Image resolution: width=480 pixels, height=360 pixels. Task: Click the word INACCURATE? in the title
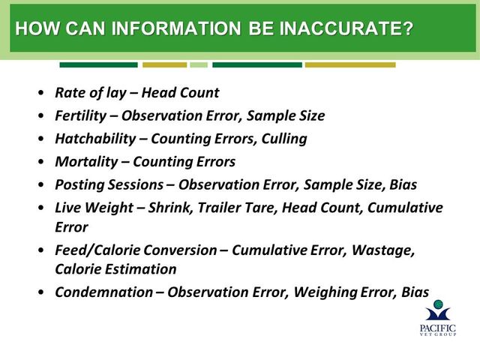point(346,28)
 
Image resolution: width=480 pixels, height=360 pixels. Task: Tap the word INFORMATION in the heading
point(176,28)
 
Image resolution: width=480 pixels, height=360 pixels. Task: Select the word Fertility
point(81,116)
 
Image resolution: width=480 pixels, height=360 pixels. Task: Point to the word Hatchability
point(95,139)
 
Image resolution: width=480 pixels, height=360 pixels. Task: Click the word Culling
point(284,139)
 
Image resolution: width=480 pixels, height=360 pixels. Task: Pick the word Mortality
point(86,162)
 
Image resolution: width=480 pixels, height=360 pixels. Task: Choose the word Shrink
point(171,208)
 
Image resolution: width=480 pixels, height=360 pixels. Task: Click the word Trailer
point(217,208)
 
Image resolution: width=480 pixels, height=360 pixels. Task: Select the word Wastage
point(383,250)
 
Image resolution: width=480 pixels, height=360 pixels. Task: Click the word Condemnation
point(104,292)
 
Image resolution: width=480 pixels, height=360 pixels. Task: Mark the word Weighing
point(325,292)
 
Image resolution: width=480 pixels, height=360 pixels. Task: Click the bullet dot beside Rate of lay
point(41,93)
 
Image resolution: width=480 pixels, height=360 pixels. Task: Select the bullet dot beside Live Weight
point(41,208)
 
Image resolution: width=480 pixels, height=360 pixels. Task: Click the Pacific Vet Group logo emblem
point(438,310)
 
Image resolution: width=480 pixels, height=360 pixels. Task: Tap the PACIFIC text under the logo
point(438,328)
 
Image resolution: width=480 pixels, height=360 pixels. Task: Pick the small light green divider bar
point(199,65)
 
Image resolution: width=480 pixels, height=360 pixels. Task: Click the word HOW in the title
point(37,28)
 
